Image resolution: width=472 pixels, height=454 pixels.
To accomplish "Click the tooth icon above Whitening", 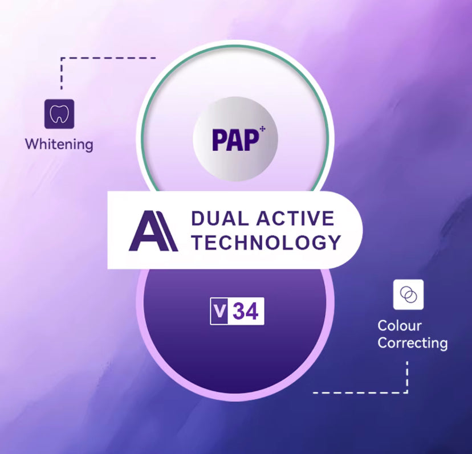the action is [x=59, y=114].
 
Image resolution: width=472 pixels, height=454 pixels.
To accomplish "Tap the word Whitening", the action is [x=59, y=144].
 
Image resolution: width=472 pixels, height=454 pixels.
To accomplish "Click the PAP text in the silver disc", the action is [x=235, y=140].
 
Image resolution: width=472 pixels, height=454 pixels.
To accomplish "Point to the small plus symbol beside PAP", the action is [x=262, y=129].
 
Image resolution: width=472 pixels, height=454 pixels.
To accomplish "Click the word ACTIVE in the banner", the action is [x=295, y=218].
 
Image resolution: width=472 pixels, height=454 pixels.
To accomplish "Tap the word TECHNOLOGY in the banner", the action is [x=266, y=243].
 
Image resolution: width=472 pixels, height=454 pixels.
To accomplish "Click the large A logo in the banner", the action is [x=153, y=231].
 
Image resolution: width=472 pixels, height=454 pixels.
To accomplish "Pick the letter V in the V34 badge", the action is [x=219, y=311].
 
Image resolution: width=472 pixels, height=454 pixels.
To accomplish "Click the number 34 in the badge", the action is [x=246, y=312].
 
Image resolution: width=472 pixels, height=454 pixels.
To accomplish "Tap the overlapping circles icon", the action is [x=408, y=295].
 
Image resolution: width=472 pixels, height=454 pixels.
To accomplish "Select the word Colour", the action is [x=400, y=325].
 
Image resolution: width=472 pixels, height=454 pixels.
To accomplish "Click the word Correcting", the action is [x=413, y=343].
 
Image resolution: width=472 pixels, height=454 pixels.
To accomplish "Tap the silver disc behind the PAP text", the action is [x=235, y=139].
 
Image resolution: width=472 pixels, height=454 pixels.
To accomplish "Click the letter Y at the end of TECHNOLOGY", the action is [x=335, y=243].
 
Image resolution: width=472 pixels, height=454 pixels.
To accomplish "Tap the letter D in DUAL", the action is [x=199, y=218].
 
